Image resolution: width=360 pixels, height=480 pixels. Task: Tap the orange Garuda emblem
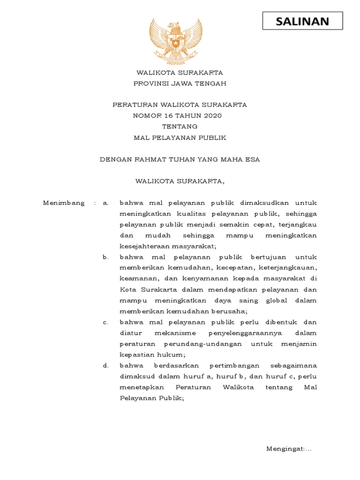click(x=176, y=42)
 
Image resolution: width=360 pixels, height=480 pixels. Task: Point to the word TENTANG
click(x=180, y=127)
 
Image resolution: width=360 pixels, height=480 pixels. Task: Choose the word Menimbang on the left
click(x=64, y=203)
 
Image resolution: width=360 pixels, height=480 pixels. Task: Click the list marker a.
click(x=106, y=203)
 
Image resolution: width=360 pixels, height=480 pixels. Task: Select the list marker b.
click(x=106, y=257)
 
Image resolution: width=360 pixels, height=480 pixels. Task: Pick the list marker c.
click(x=106, y=322)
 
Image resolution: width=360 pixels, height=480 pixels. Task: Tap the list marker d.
click(x=106, y=366)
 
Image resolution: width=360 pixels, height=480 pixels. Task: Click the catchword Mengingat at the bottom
click(x=285, y=449)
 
